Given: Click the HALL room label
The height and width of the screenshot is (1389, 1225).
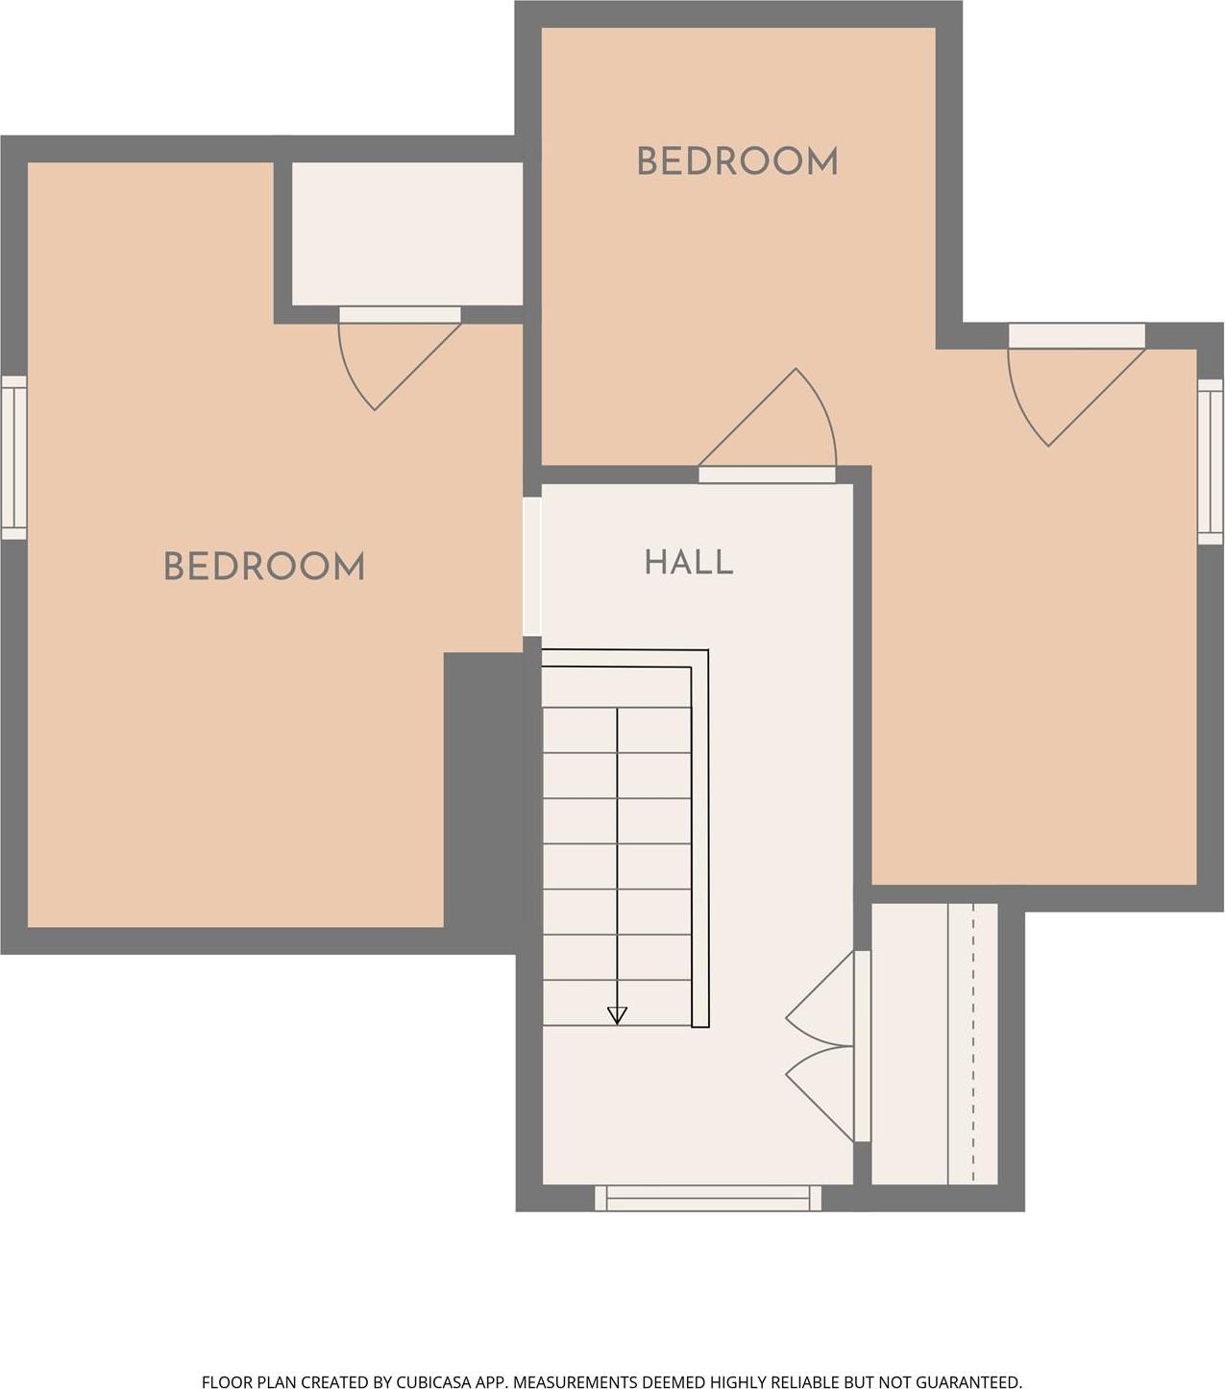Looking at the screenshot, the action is pos(689,562).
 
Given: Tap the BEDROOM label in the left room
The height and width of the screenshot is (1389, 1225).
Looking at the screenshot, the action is pos(264,567).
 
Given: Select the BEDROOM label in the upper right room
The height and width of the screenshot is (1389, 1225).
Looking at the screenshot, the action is pos(737,161).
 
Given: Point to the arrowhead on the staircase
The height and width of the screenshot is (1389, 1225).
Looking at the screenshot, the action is pos(617,1015).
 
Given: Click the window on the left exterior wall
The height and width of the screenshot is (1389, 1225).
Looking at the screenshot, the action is pos(13,458).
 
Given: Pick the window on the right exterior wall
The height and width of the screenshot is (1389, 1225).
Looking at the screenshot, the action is pos(1212,461).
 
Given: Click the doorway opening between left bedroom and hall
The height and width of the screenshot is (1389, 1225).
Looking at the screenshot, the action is pos(531,567).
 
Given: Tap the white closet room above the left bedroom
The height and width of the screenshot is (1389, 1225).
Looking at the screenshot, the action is pos(407,233).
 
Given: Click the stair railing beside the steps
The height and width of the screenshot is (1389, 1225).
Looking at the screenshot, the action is pos(699,838).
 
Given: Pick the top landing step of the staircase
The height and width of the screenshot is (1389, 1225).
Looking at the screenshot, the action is pos(617,687).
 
